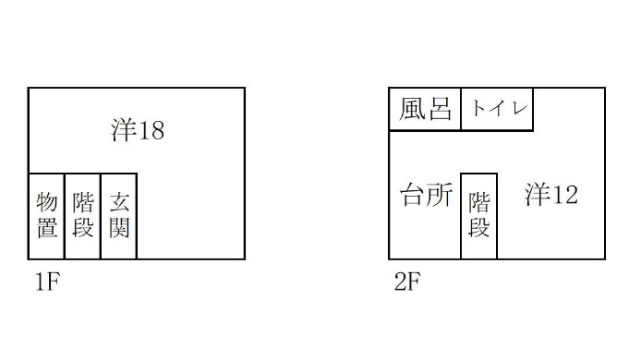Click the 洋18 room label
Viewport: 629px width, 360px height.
[138, 130]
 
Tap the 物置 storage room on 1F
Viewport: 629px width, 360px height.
[46, 216]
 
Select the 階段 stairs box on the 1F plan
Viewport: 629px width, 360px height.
[82, 216]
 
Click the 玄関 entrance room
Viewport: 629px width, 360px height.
[119, 216]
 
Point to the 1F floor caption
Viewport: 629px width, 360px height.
[48, 282]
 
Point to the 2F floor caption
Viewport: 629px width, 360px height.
[407, 282]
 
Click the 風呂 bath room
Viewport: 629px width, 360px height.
[425, 109]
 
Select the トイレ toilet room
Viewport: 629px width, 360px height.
[497, 109]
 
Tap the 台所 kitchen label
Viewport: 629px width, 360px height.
[427, 195]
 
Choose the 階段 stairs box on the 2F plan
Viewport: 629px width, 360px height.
[479, 216]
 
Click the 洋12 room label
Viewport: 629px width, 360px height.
[551, 195]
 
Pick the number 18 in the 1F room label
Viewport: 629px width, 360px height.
[151, 131]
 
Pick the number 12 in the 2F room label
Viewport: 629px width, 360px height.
[565, 196]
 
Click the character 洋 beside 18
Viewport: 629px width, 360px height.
[123, 130]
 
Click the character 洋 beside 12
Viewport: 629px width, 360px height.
[538, 195]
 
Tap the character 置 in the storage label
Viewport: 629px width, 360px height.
[47, 228]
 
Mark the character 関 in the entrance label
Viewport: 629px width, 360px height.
[119, 228]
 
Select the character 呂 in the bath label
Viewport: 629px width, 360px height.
[440, 109]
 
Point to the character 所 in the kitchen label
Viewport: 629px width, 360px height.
[440, 195]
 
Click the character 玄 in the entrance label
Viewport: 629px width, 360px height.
[119, 203]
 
